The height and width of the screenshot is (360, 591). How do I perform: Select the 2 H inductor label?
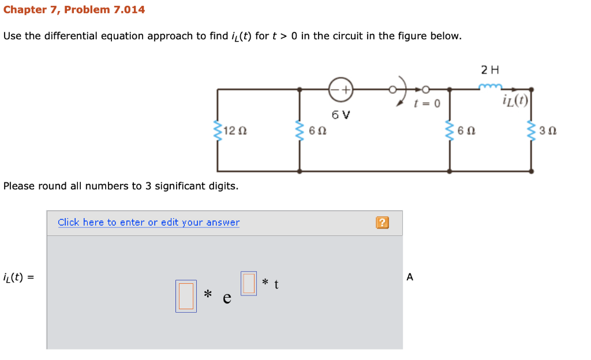pos(490,70)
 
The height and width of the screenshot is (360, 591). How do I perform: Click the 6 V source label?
pos(341,114)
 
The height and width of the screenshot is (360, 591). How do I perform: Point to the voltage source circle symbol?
pos(341,89)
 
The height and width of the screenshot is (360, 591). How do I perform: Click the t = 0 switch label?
pos(427,104)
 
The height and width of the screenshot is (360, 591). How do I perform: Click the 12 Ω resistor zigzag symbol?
pos(218,131)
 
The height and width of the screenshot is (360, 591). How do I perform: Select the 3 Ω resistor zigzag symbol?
pos(532,131)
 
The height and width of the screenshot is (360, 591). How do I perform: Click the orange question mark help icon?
pos(381,223)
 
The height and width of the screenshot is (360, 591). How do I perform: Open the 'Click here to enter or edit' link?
pos(148,222)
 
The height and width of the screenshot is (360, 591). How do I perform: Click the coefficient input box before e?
pos(186,296)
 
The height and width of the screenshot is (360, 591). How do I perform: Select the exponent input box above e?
pos(249,283)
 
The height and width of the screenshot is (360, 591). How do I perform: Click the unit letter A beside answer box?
pos(410,277)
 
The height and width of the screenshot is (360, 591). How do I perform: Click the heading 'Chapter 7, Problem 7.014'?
pos(74,10)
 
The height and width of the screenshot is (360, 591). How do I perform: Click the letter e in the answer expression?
pos(227,298)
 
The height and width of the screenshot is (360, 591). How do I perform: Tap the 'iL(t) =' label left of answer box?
pos(18,277)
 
